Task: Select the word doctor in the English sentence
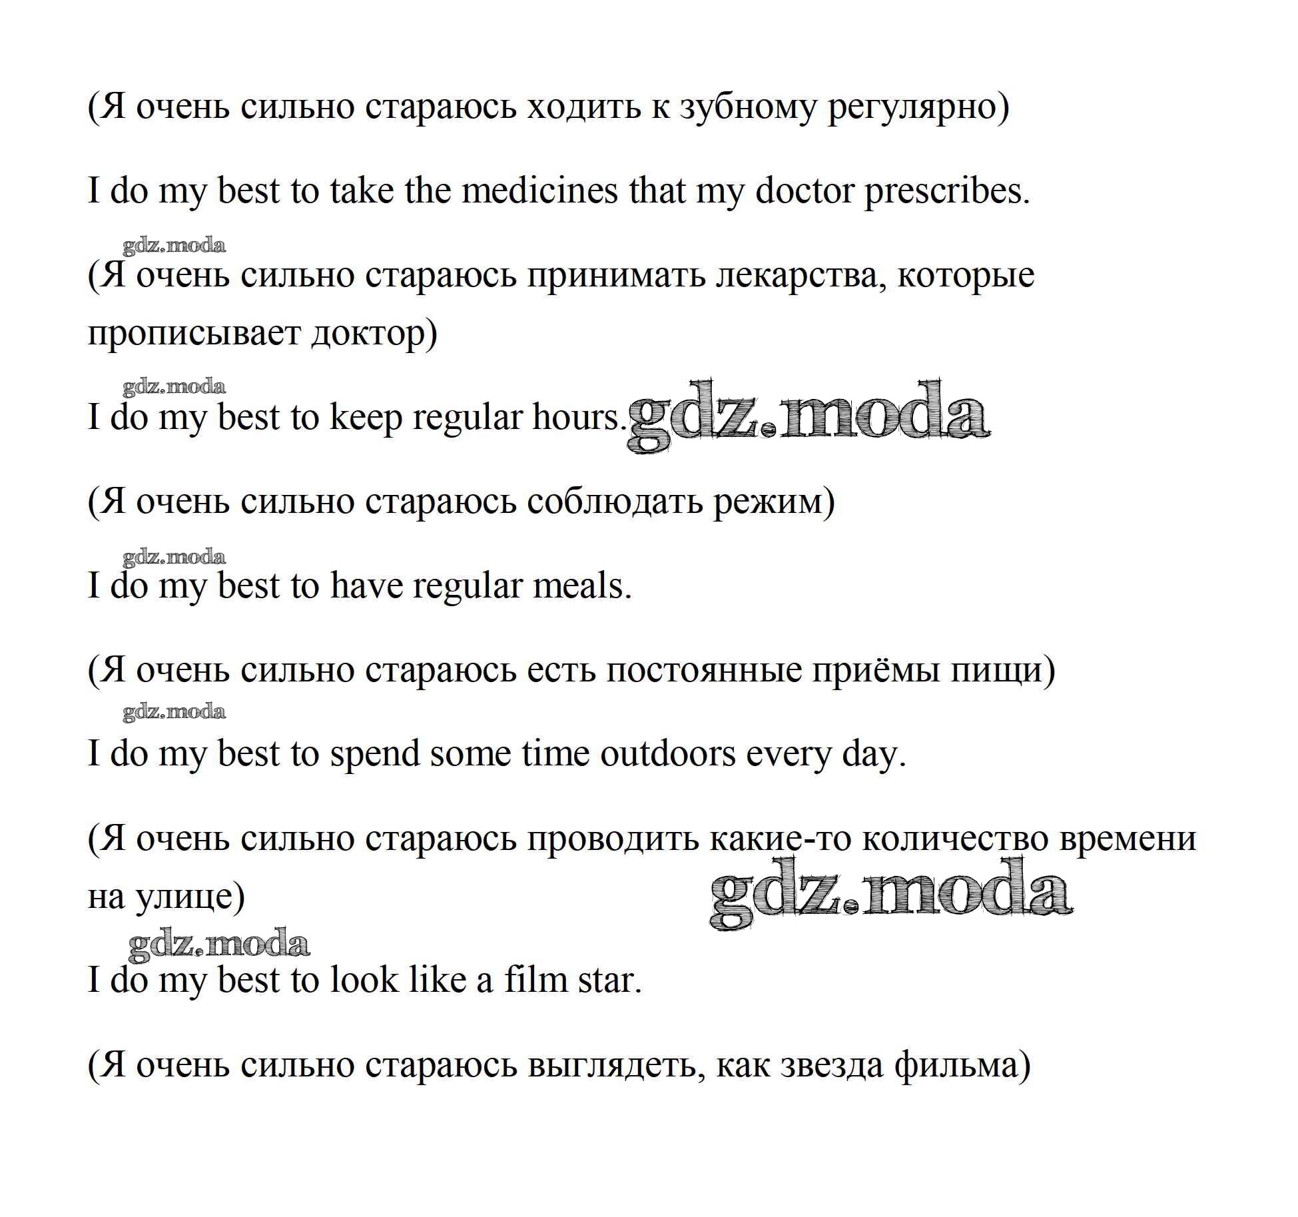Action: pyautogui.click(x=804, y=191)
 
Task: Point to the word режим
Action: pyautogui.click(x=773, y=502)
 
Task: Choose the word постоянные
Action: pyautogui.click(x=703, y=670)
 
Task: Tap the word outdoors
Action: pyautogui.click(x=668, y=755)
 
